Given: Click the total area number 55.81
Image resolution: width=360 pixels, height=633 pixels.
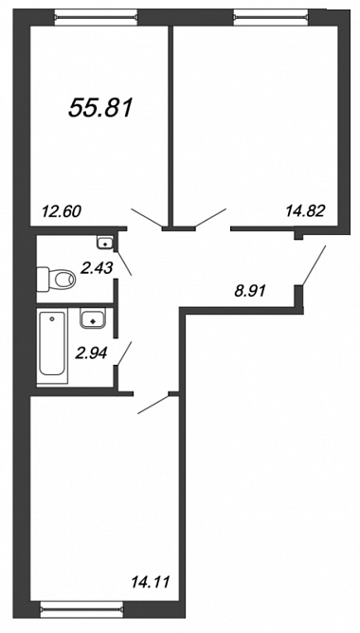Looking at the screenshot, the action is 100,109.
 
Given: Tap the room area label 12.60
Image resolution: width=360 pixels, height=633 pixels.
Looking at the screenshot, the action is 62,210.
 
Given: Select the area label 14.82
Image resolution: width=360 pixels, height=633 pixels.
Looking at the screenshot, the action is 305,210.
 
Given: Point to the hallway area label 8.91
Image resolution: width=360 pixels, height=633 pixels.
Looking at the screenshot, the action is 250,290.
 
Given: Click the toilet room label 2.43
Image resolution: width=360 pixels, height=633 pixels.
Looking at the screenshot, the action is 96,267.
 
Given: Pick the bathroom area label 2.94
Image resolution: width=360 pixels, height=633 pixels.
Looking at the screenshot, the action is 92,353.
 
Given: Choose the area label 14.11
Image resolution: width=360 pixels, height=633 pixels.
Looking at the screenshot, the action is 151,582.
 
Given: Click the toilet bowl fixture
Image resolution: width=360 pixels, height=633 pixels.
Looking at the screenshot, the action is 57,279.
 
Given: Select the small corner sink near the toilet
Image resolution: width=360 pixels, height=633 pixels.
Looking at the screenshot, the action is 106,243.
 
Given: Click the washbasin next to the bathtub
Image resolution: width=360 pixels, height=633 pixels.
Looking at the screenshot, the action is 93,318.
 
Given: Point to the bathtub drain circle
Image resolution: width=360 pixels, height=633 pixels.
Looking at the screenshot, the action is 52,319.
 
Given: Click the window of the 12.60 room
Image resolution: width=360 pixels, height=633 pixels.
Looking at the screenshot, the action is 96,17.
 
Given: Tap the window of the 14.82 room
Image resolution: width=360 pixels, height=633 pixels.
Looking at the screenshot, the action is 272,17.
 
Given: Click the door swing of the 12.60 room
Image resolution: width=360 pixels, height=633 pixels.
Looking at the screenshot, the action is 147,218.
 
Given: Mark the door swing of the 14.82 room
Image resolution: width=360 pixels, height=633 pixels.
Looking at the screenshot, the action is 210,218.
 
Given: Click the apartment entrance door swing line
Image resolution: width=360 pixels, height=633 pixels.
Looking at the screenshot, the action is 314,265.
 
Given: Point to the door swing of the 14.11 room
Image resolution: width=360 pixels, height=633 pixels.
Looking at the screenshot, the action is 153,404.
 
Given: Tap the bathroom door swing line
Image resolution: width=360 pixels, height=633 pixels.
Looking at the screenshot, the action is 124,354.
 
